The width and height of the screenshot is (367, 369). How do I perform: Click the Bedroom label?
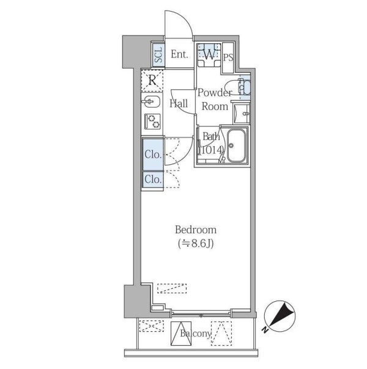point(196,230)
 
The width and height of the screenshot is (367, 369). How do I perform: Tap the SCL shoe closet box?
point(158,55)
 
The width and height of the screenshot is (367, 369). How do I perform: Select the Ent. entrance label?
point(179,54)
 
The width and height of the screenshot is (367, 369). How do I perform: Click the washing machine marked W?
point(209,55)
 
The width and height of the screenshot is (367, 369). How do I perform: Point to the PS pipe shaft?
point(228,57)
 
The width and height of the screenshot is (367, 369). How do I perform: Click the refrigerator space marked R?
point(152,81)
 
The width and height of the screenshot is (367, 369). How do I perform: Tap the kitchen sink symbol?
point(151,102)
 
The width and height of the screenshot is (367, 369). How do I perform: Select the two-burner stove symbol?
point(152,121)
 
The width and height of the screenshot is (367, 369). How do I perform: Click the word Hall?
point(179,103)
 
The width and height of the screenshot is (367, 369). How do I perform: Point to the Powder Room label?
point(215,100)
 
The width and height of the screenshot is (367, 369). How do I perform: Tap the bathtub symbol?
point(236,145)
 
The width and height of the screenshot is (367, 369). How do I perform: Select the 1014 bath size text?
point(211,150)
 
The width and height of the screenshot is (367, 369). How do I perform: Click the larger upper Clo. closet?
point(153,155)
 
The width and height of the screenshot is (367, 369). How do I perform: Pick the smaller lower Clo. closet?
point(153,180)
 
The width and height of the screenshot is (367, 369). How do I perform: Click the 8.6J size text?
point(196,244)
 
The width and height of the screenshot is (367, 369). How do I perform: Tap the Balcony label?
point(196,334)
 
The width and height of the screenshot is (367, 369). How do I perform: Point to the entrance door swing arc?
point(186,20)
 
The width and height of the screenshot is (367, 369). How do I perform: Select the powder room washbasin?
point(242,114)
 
